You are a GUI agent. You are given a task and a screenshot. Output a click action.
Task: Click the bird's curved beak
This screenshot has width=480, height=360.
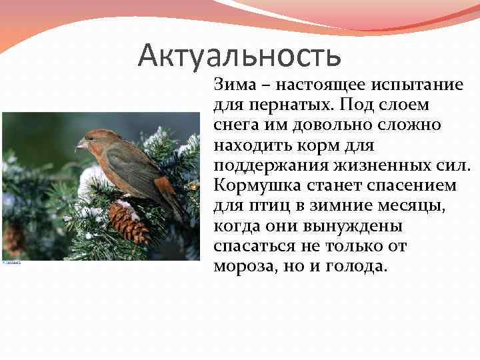click(81, 143)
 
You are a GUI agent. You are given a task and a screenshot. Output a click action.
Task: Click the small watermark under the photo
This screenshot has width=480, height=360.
click(11, 263)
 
